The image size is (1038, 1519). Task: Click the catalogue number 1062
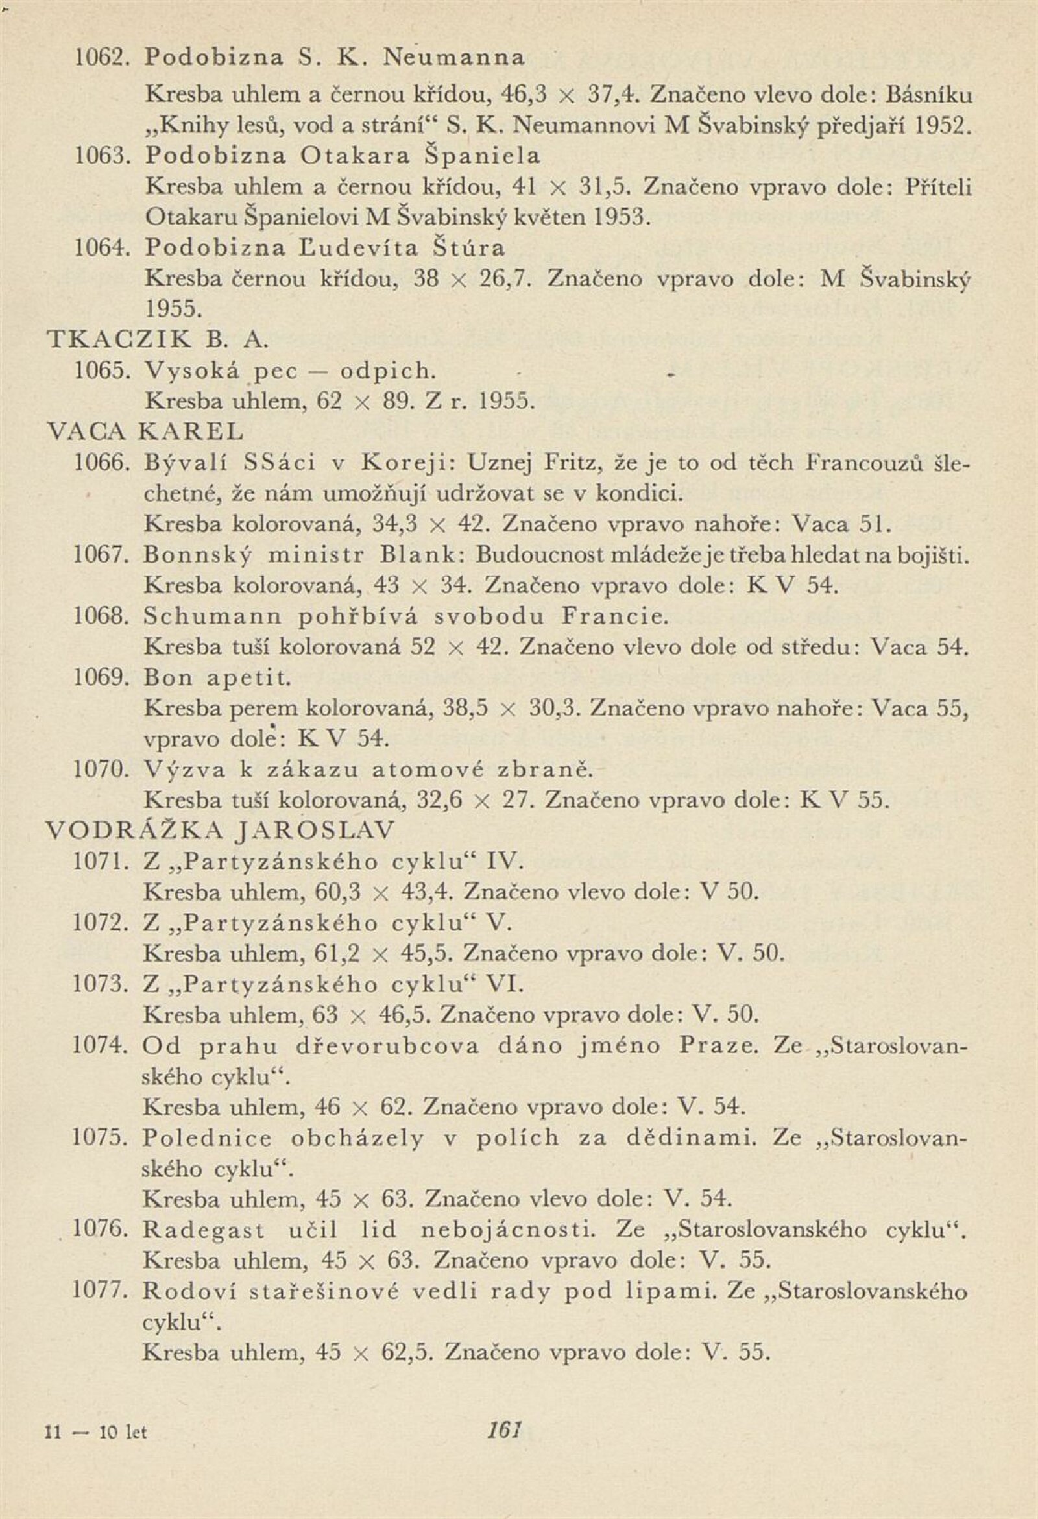(x=98, y=58)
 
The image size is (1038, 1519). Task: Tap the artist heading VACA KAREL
(x=146, y=432)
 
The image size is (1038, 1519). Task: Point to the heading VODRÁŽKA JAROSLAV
(x=223, y=831)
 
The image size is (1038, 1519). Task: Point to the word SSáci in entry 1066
(x=279, y=463)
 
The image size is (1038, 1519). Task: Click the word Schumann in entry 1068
(x=211, y=616)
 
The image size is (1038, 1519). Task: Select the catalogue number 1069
(x=98, y=677)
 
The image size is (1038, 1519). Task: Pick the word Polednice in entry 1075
(x=207, y=1139)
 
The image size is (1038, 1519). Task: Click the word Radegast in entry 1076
(x=204, y=1231)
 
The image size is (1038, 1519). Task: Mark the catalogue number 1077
(x=98, y=1291)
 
